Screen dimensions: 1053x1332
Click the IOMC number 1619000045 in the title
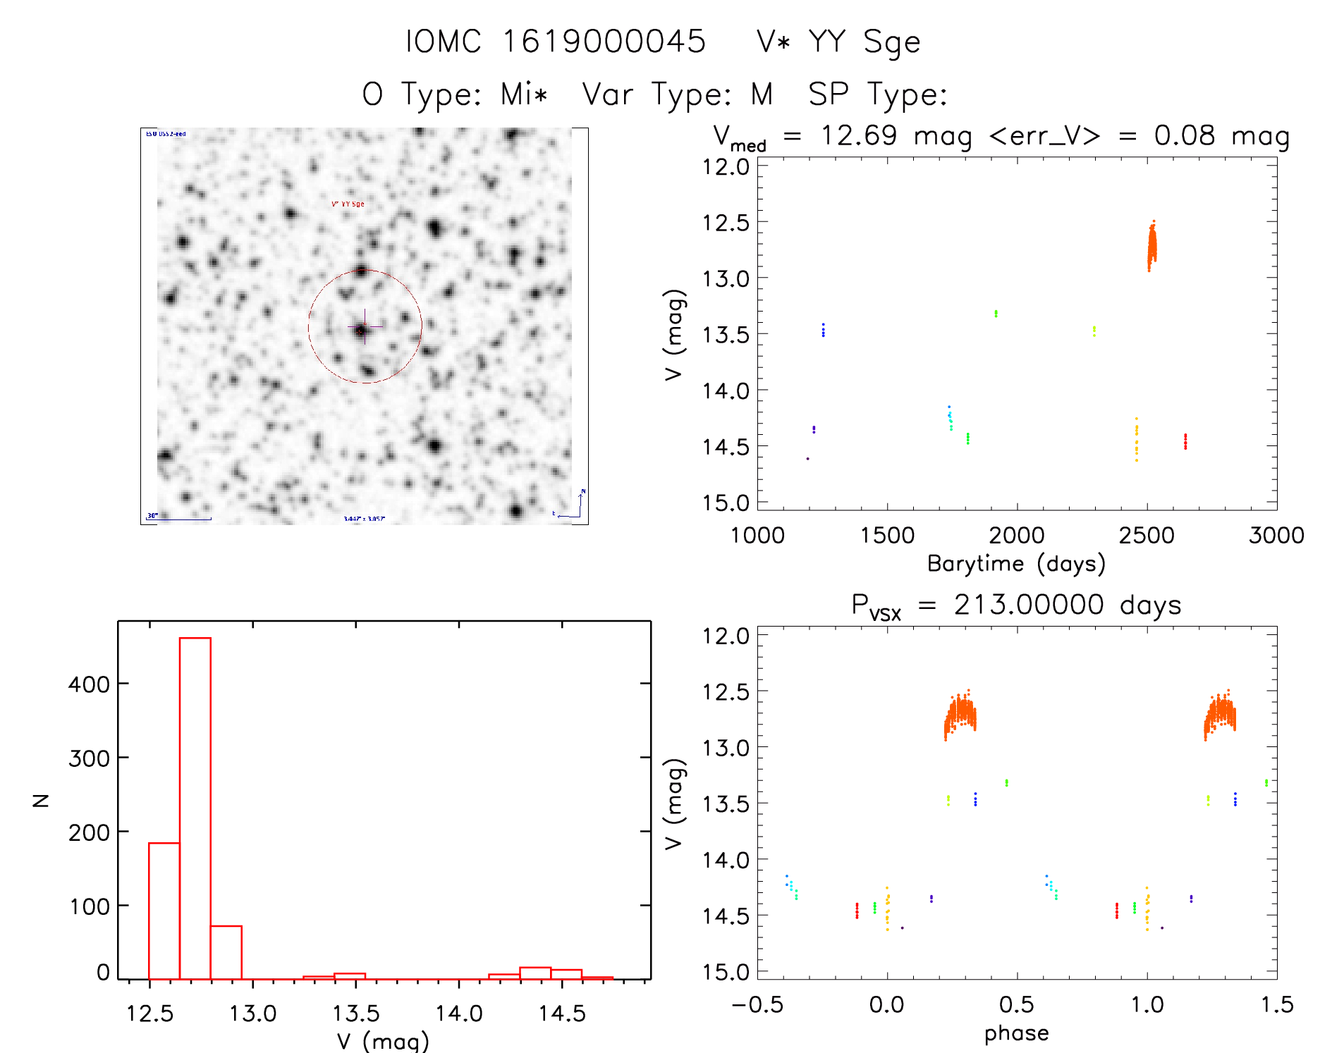[x=604, y=41]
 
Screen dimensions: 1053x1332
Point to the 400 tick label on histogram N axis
[x=89, y=684]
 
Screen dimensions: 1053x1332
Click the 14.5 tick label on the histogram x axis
[x=562, y=1014]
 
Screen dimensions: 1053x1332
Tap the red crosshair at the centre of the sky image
[x=364, y=327]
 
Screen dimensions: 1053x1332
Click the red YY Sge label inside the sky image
[x=348, y=204]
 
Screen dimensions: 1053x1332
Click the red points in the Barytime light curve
[x=1185, y=441]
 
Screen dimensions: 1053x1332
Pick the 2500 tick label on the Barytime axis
[x=1147, y=535]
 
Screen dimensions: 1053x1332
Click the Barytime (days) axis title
[x=1016, y=564]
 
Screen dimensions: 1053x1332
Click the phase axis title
[x=1016, y=1033]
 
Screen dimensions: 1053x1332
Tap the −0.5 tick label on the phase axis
[x=757, y=1004]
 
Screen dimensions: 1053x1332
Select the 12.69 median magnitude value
[x=858, y=135]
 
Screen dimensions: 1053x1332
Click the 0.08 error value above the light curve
[x=1185, y=135]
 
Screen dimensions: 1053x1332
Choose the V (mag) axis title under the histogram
[x=383, y=1041]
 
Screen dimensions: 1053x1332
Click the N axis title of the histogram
[x=41, y=800]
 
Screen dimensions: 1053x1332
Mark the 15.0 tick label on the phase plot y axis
[x=726, y=972]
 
